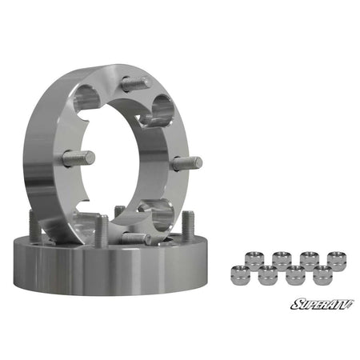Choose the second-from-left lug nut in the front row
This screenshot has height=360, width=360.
pos(267,275)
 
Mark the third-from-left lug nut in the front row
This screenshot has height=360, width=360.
pos(294,275)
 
